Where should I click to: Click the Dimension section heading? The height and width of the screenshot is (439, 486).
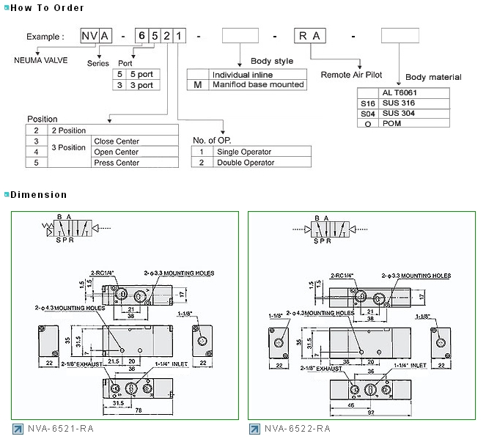(38, 195)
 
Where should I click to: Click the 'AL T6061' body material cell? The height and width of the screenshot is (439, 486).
(399, 93)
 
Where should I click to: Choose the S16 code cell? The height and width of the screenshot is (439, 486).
(368, 103)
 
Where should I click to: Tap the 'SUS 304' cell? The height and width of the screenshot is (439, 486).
(398, 114)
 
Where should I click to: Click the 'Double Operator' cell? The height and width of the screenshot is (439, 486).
(244, 162)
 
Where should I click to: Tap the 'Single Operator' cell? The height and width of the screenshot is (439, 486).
(243, 152)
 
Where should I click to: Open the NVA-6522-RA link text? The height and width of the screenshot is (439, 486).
(298, 429)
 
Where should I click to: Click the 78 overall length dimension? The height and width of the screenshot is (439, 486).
(138, 410)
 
